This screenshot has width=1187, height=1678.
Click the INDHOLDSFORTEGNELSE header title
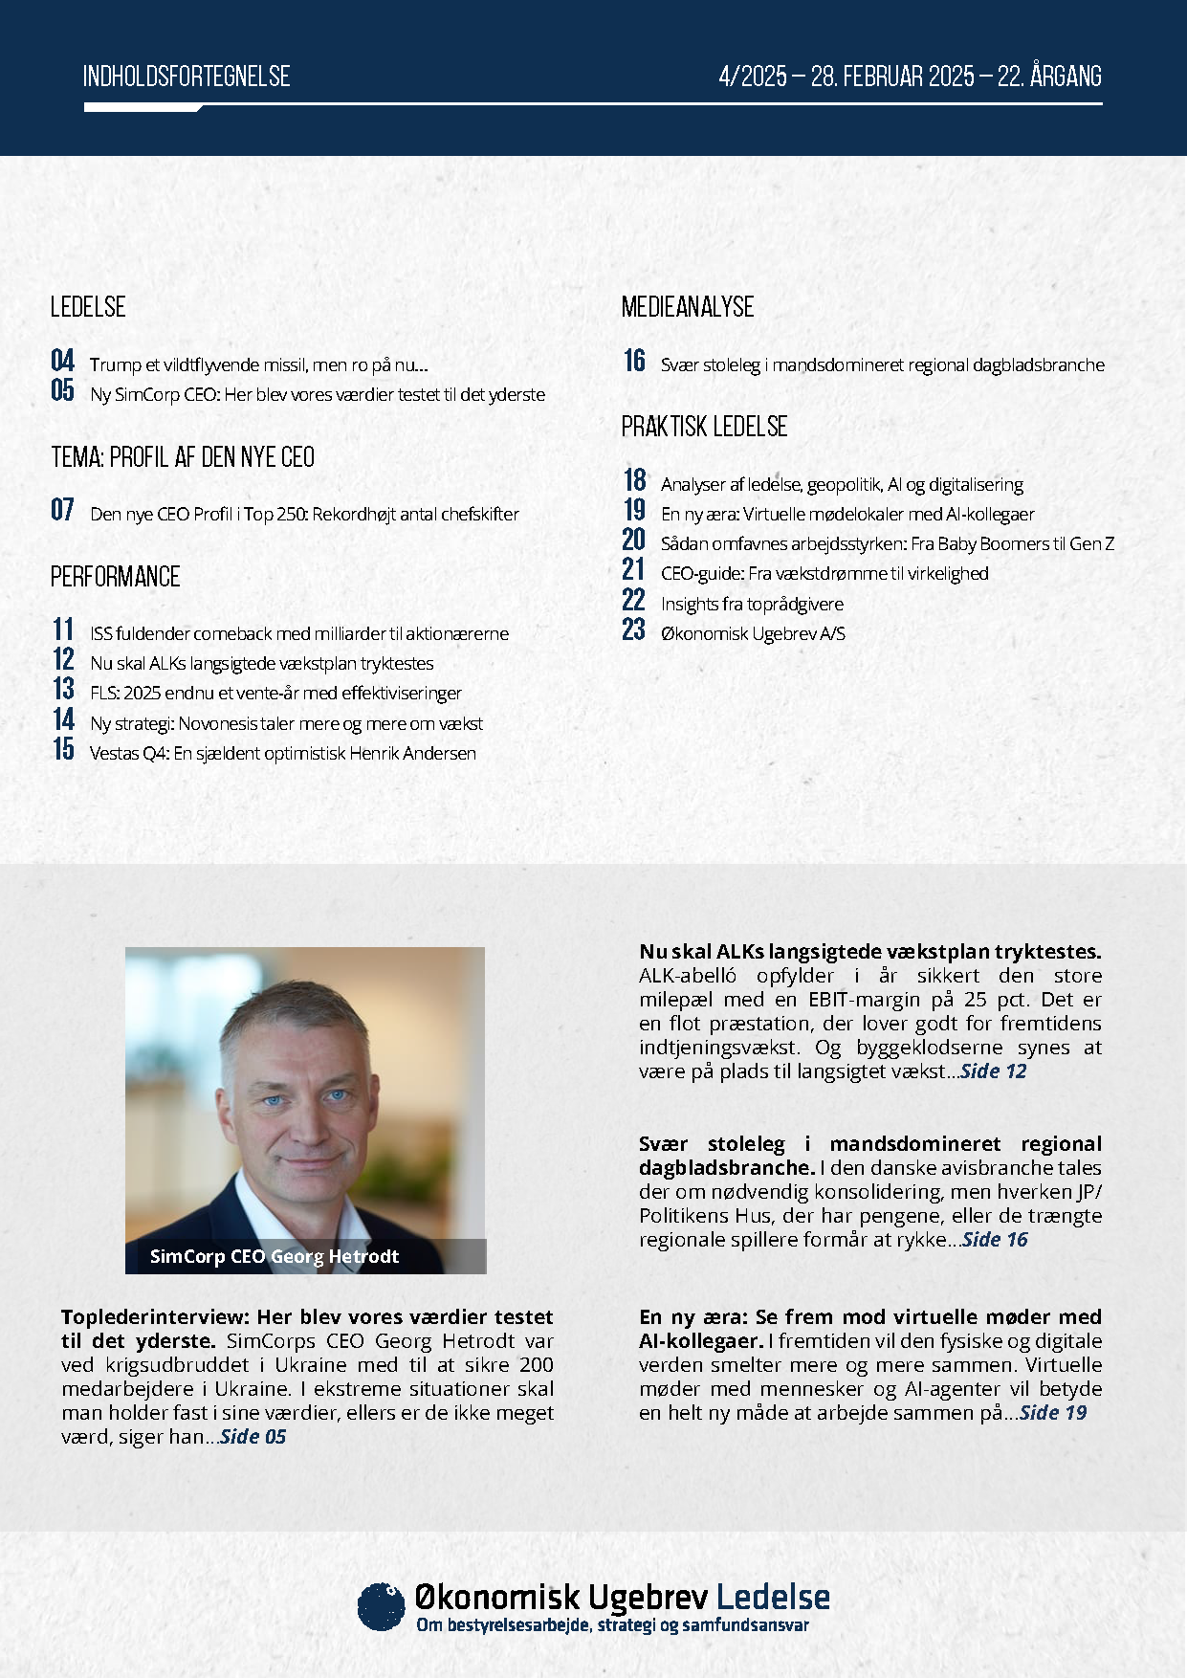(187, 77)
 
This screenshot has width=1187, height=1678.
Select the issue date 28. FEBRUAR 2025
(892, 77)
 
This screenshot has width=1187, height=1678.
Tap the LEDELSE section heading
(88, 307)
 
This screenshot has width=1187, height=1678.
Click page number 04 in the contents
(63, 361)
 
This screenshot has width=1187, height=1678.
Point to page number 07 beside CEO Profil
(63, 510)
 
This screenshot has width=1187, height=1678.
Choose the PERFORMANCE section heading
(116, 577)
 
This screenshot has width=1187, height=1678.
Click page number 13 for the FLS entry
(63, 689)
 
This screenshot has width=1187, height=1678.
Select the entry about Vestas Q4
(283, 754)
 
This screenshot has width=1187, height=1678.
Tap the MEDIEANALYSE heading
(688, 307)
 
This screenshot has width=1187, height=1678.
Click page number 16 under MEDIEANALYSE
(634, 361)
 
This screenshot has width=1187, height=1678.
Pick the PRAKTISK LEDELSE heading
(704, 427)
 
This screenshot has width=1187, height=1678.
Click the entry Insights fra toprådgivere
(752, 605)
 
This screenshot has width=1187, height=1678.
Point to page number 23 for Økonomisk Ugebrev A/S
(634, 629)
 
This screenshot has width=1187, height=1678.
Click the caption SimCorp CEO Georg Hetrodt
(275, 1257)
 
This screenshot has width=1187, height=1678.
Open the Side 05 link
(253, 1437)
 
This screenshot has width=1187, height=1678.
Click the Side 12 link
(994, 1071)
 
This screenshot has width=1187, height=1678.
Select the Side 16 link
(996, 1240)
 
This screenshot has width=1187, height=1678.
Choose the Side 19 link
(1054, 1413)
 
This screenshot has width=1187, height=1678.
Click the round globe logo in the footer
(381, 1606)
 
